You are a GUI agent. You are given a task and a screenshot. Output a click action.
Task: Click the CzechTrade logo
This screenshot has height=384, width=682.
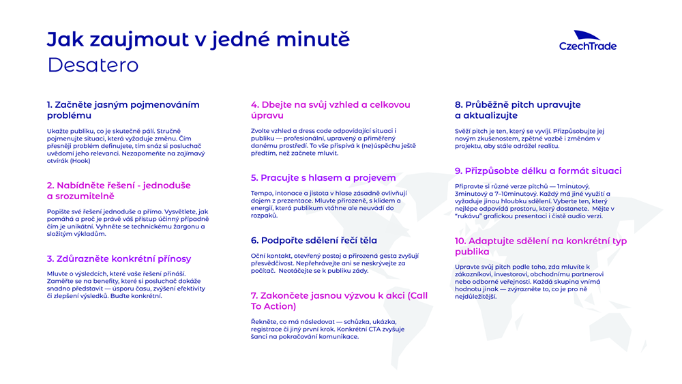(588, 40)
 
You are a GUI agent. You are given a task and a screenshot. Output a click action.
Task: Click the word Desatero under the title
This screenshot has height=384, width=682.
(93, 65)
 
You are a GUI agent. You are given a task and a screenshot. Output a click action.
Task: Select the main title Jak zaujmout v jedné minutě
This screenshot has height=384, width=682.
(198, 39)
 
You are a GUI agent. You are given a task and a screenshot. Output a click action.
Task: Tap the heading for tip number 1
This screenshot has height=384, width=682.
(123, 110)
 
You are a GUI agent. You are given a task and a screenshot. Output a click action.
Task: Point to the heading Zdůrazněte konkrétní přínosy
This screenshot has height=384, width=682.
(119, 259)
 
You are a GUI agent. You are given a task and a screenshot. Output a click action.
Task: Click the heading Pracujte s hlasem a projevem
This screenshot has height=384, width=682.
(323, 178)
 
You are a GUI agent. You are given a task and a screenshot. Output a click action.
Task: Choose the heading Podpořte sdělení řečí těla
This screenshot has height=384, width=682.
(314, 241)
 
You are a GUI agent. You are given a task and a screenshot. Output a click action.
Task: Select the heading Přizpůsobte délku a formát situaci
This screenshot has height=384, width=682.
(538, 171)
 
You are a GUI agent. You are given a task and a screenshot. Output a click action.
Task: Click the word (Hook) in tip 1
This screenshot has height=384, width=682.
(80, 161)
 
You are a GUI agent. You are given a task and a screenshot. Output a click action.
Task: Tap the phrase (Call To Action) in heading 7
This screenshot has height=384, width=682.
(339, 301)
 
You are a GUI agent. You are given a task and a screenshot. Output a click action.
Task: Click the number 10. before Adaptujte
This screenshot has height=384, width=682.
(460, 241)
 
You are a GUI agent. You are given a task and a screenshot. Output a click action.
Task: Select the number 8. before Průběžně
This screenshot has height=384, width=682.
(459, 105)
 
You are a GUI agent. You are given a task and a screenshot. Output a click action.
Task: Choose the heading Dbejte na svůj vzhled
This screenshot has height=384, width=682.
(331, 110)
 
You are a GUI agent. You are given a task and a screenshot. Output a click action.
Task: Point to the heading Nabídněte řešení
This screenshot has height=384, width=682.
(119, 191)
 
